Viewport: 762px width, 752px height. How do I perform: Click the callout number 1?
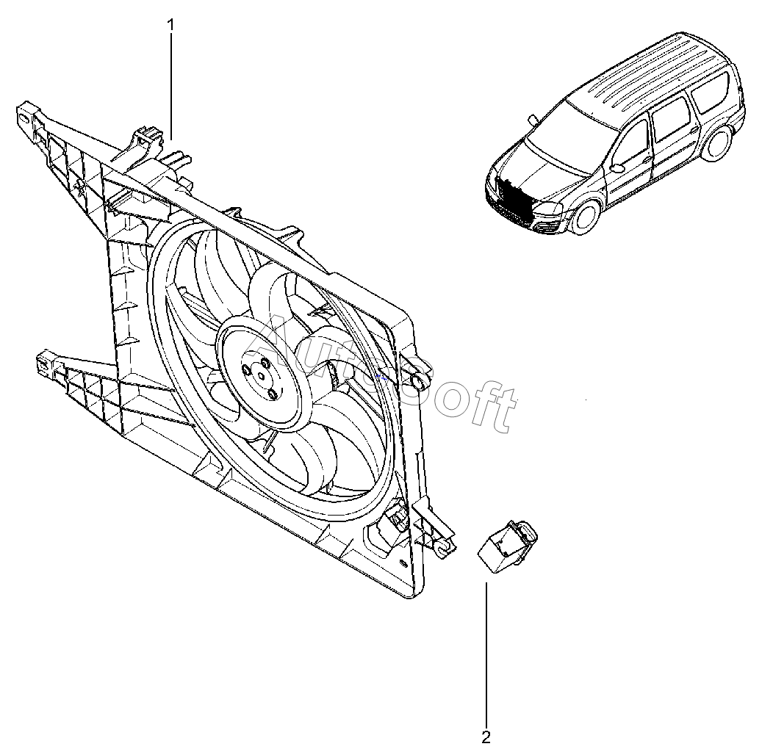[171, 24]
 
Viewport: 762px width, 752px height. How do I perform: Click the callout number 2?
[486, 736]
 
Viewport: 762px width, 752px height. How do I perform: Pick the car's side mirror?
[617, 168]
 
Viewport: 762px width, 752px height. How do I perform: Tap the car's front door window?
[632, 140]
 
